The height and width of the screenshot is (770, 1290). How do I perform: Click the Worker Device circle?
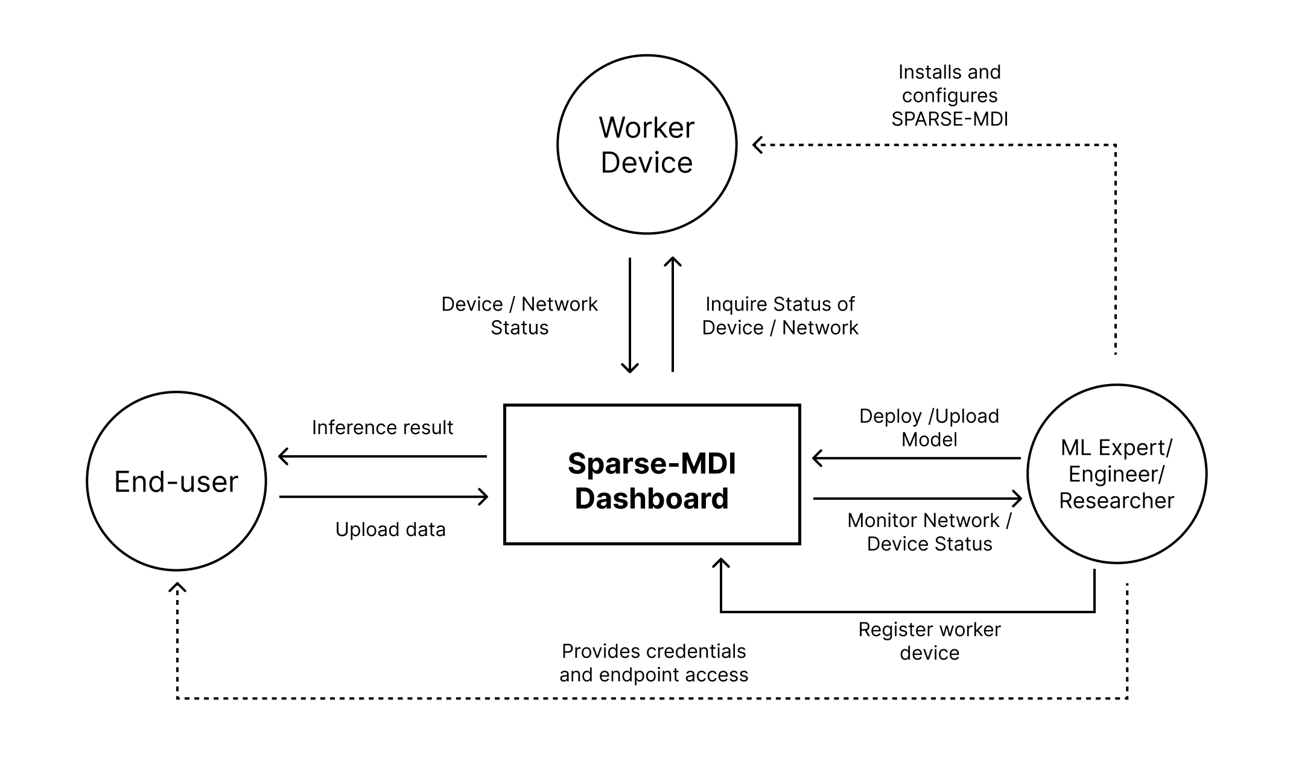pyautogui.click(x=647, y=145)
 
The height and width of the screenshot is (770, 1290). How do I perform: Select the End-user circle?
pyautogui.click(x=176, y=481)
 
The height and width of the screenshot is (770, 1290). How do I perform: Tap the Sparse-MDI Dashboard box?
pyautogui.click(x=652, y=475)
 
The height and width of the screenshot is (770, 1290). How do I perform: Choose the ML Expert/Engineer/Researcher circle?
pyautogui.click(x=1117, y=474)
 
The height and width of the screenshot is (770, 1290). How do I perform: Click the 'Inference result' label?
pyautogui.click(x=382, y=428)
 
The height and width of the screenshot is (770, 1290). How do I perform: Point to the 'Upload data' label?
pyautogui.click(x=390, y=529)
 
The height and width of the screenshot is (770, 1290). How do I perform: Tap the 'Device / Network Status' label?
pyautogui.click(x=519, y=315)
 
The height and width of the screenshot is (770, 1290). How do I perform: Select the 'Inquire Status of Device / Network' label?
pyautogui.click(x=780, y=315)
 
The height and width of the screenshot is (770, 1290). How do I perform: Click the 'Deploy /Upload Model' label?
pyautogui.click(x=929, y=428)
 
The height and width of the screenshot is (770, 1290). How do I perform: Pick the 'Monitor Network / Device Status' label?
pyautogui.click(x=929, y=532)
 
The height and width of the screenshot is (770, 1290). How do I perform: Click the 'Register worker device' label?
pyautogui.click(x=929, y=641)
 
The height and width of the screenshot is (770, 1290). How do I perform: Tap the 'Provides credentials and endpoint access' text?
pyautogui.click(x=653, y=663)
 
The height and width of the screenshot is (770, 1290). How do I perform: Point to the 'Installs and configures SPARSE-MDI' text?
pyautogui.click(x=950, y=96)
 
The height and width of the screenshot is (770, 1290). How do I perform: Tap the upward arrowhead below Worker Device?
pyautogui.click(x=673, y=261)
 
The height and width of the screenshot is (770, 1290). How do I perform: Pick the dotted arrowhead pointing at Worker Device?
pyautogui.click(x=756, y=145)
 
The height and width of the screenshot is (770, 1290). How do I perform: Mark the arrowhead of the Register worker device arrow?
pyautogui.click(x=721, y=562)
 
